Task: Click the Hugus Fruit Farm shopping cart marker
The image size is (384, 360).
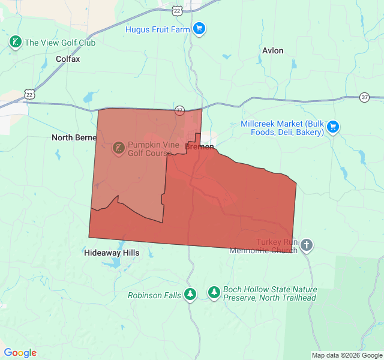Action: pos(200,29)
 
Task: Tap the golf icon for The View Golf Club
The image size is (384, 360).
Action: pos(16,42)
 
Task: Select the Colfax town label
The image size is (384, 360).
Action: pos(67,59)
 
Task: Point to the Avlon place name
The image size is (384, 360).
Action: pos(272,50)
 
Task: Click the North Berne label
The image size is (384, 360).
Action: pos(74,137)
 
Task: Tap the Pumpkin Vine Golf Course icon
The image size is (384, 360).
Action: pos(118,147)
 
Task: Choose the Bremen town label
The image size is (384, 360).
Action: pos(200,146)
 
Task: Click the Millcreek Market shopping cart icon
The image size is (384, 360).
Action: pos(333,127)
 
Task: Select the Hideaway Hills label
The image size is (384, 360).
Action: pos(112,253)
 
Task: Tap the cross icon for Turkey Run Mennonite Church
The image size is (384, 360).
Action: pos(307,245)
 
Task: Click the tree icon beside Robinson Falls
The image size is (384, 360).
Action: pos(190,294)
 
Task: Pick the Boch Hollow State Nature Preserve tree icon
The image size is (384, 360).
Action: pos(214,292)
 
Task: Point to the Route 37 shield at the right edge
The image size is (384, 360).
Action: pos(365,97)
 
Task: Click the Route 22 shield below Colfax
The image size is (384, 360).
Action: pos(29,94)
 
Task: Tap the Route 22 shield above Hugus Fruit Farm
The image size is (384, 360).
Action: pos(176,10)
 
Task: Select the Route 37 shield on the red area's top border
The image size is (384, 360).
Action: pos(179,110)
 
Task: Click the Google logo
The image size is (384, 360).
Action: pos(20,353)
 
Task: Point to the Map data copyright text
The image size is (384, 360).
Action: pos(347,355)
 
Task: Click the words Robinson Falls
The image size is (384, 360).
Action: pos(154,295)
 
